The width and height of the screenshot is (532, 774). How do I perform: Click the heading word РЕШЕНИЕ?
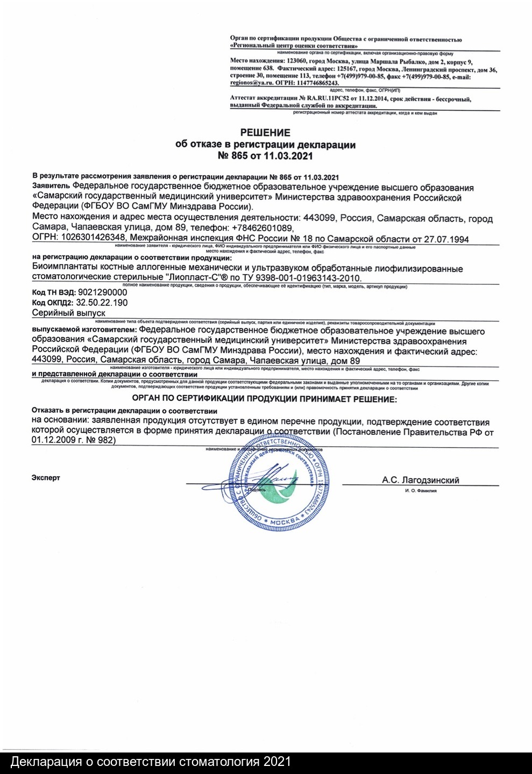point(265,133)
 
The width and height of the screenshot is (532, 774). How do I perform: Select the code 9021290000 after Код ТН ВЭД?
point(103,292)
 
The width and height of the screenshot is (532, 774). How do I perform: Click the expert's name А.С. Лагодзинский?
point(421,481)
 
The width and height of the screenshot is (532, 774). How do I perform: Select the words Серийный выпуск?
point(68,313)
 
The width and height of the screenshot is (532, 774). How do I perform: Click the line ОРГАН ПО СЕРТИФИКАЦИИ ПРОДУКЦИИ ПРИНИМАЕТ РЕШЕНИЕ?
point(264,399)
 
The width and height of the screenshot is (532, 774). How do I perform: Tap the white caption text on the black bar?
point(151,762)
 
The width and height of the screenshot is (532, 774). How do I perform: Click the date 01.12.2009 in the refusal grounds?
point(53,439)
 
